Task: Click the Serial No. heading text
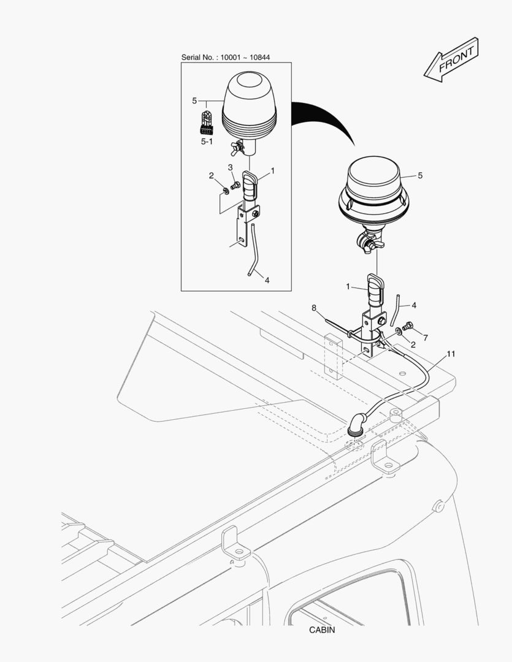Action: coord(226,57)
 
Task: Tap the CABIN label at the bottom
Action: coord(322,630)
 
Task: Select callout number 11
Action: coord(451,354)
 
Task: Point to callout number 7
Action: coord(425,338)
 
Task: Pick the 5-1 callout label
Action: coord(207,142)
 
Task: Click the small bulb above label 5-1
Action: coord(207,121)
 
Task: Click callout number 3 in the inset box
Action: coord(231,167)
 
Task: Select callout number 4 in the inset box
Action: coord(267,280)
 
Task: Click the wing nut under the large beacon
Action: coord(369,243)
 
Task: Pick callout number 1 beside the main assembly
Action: coord(348,286)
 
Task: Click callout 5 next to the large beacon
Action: coord(420,175)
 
